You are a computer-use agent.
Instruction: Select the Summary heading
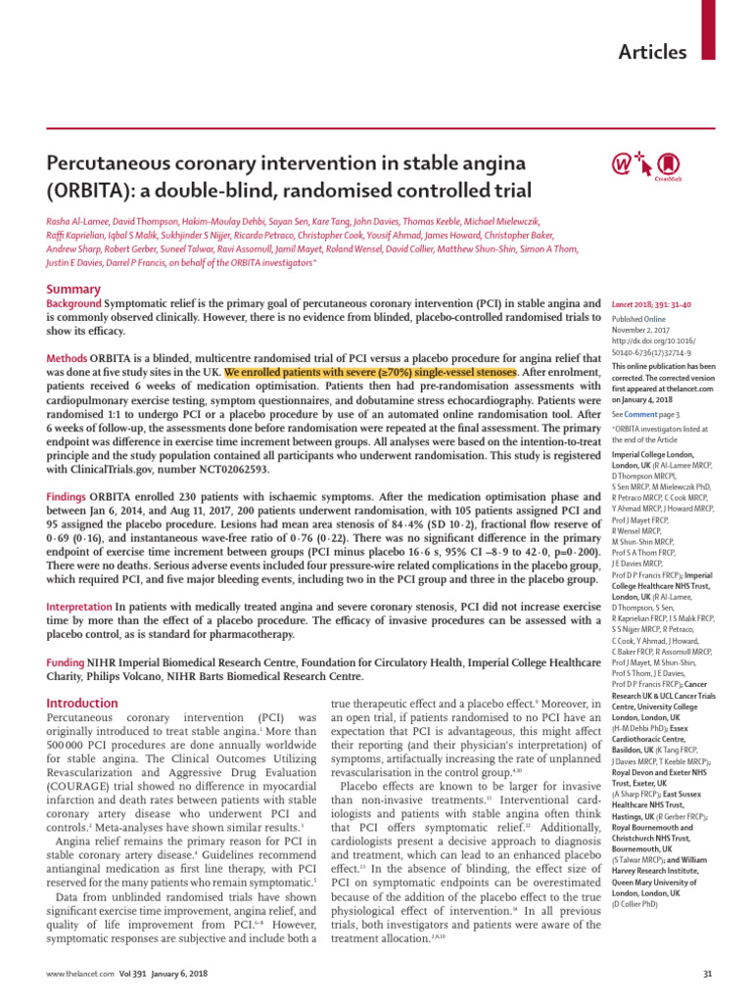73,289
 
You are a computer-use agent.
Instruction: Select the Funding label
70,663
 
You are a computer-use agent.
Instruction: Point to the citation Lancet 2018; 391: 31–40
661,306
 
